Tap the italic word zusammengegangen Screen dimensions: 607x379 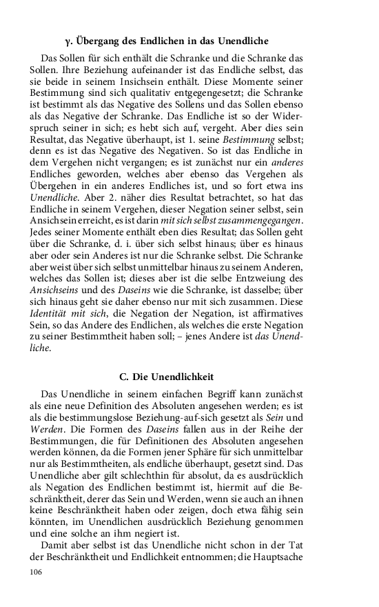[x=262, y=219]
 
